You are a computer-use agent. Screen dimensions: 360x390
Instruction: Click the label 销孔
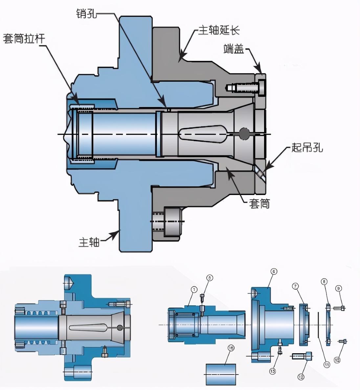86,13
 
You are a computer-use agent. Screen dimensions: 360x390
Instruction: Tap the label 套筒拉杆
24,39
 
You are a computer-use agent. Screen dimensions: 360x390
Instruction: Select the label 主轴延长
219,30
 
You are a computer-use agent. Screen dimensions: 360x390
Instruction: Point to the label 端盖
233,49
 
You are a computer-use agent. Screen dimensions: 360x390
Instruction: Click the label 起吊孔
307,147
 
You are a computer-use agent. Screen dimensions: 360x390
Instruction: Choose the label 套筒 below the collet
259,204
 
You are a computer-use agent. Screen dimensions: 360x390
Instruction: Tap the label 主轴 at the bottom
89,242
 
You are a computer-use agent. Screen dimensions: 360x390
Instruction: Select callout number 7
295,286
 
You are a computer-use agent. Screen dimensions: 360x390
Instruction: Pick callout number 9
338,289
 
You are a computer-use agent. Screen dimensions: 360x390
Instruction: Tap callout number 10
337,360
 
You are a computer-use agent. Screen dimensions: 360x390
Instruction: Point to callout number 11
327,365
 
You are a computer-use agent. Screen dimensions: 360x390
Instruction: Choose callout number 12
301,377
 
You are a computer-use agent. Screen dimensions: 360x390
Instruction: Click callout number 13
273,371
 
